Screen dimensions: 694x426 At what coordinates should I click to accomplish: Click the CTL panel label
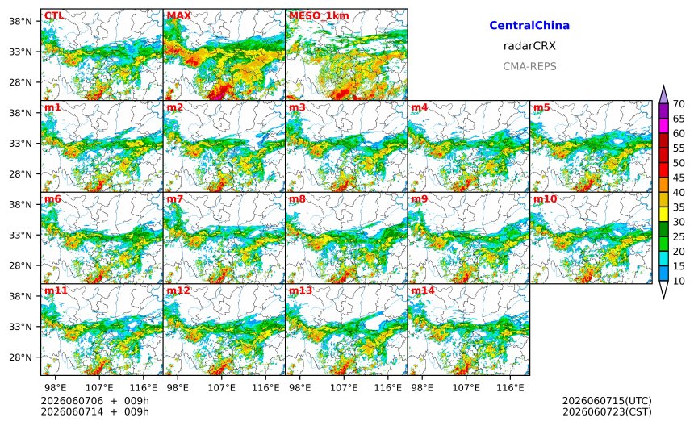(54, 15)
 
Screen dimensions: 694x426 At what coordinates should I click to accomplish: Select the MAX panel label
(179, 15)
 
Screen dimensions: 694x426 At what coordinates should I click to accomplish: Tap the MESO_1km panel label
(319, 16)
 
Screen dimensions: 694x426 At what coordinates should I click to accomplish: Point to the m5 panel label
(541, 107)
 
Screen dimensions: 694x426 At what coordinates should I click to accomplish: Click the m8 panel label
(298, 198)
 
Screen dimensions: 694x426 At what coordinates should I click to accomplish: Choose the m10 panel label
(545, 198)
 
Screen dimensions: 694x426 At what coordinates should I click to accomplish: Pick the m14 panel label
(423, 290)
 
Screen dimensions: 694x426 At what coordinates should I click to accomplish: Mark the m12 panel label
(178, 290)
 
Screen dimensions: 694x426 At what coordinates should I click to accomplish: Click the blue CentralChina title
(529, 25)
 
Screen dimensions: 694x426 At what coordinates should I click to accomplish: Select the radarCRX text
(529, 45)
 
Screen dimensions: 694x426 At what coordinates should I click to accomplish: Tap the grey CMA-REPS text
(529, 66)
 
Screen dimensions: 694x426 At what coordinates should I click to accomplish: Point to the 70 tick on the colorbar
(679, 104)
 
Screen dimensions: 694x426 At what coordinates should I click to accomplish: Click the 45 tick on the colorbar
(679, 177)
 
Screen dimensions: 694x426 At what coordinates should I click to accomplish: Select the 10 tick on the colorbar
(679, 281)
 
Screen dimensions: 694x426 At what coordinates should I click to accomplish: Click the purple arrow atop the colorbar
(663, 94)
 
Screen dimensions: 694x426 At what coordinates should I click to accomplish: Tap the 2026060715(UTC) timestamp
(607, 401)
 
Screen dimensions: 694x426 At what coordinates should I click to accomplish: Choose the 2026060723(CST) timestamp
(607, 411)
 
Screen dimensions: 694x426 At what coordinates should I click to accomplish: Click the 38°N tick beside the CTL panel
(21, 21)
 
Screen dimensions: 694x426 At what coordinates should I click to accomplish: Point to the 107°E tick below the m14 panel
(466, 388)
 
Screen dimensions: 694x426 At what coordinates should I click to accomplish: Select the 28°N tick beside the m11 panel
(21, 357)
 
